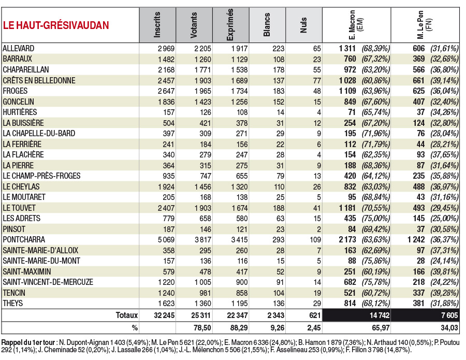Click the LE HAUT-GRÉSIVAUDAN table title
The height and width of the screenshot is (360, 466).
click(56, 25)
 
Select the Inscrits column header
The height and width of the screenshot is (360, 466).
click(157, 25)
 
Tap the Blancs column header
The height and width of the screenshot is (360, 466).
click(267, 25)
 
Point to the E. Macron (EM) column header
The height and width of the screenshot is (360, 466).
click(356, 25)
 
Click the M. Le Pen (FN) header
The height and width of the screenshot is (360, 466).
click(425, 25)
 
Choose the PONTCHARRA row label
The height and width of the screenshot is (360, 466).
click(24, 240)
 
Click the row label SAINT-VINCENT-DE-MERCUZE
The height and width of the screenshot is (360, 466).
click(48, 282)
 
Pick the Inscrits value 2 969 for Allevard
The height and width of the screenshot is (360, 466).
click(166, 49)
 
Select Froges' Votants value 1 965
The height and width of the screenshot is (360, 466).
click(202, 91)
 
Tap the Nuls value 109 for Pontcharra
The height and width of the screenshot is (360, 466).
click(315, 240)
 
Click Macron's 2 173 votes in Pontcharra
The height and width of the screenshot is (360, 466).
click(347, 240)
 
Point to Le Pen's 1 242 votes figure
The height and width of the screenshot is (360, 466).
click(416, 240)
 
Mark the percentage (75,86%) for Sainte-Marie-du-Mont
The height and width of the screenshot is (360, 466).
click(376, 261)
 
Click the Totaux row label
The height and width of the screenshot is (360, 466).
click(127, 315)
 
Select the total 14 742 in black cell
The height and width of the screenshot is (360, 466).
click(379, 315)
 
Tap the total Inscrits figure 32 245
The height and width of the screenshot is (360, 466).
click(164, 315)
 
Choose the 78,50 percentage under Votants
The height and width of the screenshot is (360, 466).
click(202, 328)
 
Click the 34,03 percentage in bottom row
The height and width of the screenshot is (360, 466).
click(449, 328)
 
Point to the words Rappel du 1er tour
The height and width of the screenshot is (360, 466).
click(28, 342)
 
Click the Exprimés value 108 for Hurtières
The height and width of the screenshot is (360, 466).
click(242, 112)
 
